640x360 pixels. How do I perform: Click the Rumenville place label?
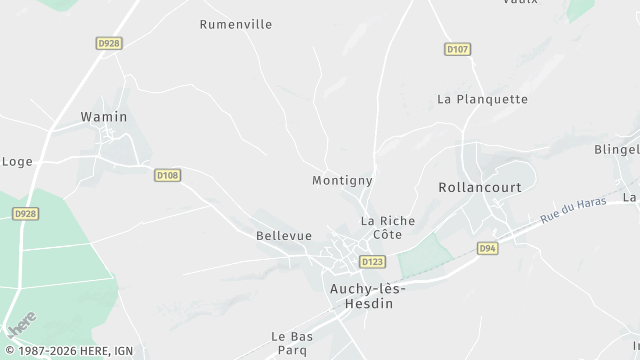[236, 25]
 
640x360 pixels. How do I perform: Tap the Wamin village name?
[103, 117]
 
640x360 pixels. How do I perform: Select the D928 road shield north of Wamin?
[109, 43]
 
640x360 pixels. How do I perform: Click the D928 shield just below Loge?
[26, 213]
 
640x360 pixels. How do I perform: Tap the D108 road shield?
[167, 175]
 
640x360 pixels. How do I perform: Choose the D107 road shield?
[457, 48]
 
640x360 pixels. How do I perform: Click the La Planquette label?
[482, 99]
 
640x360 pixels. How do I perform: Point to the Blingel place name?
[616, 149]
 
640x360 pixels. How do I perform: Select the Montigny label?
[342, 181]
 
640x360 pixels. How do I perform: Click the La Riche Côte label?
[381, 227]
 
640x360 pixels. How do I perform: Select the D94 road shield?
[487, 248]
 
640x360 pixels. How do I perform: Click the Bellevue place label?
[277, 236]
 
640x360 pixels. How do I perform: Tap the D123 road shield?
[372, 262]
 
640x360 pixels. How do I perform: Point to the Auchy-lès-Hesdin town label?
[367, 295]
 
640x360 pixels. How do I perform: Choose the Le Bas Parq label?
[292, 342]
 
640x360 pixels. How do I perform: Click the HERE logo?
[21, 324]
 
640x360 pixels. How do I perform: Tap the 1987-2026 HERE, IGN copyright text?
[71, 352]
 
